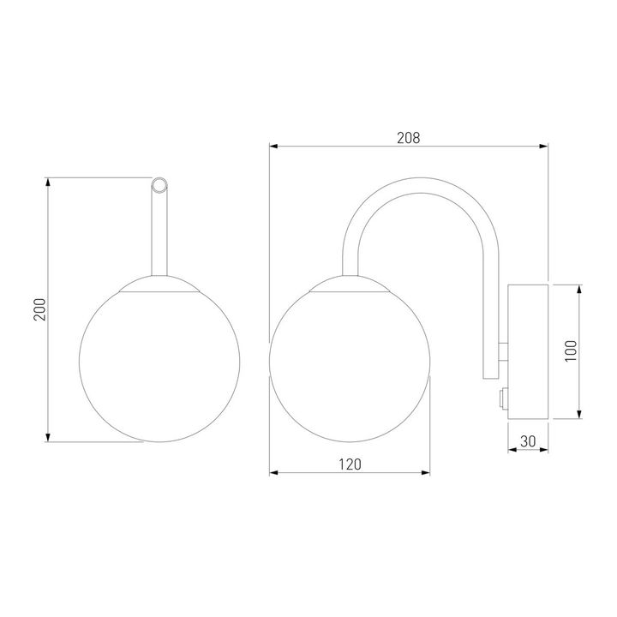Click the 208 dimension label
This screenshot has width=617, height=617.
409,138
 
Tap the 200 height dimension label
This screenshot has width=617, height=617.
39,309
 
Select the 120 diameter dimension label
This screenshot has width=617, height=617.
350,464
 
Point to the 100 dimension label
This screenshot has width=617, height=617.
571,351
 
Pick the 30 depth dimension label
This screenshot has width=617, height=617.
528,441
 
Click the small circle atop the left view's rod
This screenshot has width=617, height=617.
159,185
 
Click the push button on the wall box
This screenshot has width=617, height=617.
503,399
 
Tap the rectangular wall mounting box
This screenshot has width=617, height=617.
528,352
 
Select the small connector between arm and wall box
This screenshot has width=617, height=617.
503,351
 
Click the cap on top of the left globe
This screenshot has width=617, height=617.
159,285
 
